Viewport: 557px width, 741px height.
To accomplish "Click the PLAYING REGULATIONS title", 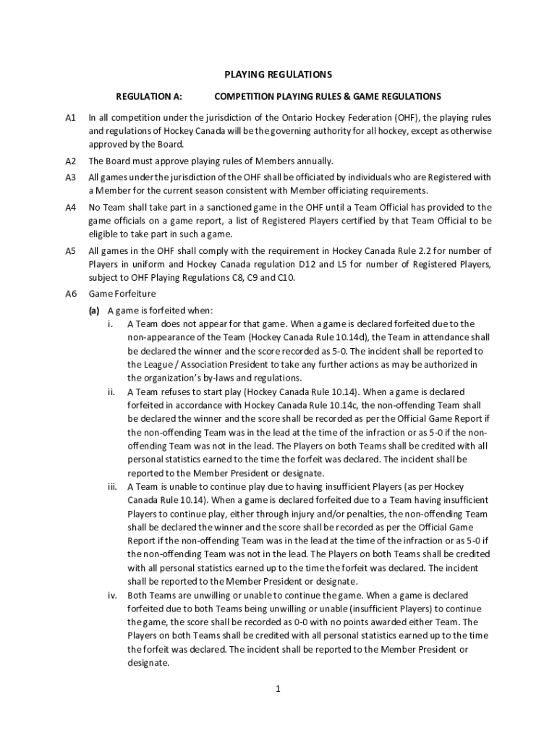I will [x=278, y=75].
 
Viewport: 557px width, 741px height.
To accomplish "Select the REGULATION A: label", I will [x=150, y=96].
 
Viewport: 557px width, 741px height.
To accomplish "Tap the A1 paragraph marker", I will [x=71, y=117].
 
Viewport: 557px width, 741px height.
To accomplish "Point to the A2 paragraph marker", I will [x=71, y=161].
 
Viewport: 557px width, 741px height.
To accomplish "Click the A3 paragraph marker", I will [x=71, y=177].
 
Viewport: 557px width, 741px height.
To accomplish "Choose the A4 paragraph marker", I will [x=71, y=207].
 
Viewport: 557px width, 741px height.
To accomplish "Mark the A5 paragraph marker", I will [x=71, y=250].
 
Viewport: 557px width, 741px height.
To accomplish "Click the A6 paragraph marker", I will [x=71, y=294].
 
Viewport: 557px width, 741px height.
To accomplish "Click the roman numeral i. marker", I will [x=111, y=323].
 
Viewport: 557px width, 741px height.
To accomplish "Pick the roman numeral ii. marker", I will [x=111, y=391].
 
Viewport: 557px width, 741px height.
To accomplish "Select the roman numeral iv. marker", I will [x=111, y=595].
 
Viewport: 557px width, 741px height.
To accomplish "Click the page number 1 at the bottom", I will [x=278, y=688].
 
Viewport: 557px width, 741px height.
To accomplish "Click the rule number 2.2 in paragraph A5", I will [x=432, y=250].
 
